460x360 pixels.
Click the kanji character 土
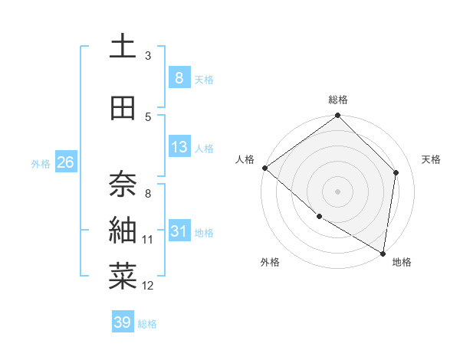pyautogui.click(x=123, y=47)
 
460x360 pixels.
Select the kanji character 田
pyautogui.click(x=123, y=109)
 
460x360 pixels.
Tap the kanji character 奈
pyautogui.click(x=123, y=182)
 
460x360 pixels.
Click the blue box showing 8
pyautogui.click(x=179, y=77)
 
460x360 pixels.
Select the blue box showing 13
pyautogui.click(x=179, y=147)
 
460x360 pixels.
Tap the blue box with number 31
pyautogui.click(x=179, y=231)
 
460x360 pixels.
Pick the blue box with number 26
pyautogui.click(x=65, y=162)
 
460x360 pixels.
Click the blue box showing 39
pyautogui.click(x=123, y=322)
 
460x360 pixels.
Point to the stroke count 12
pyautogui.click(x=148, y=286)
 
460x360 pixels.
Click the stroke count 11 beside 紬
pyautogui.click(x=148, y=240)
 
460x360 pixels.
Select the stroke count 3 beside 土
pyautogui.click(x=148, y=55)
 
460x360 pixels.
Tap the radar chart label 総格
pyautogui.click(x=338, y=100)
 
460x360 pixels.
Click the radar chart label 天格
pyautogui.click(x=432, y=159)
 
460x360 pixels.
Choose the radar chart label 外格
pyautogui.click(x=270, y=262)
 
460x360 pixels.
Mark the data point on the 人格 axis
pyautogui.click(x=264, y=168)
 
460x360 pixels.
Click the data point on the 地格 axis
pyautogui.click(x=383, y=254)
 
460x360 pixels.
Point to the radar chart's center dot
pyautogui.click(x=338, y=191)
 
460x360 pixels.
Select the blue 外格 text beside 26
pyautogui.click(x=41, y=163)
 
